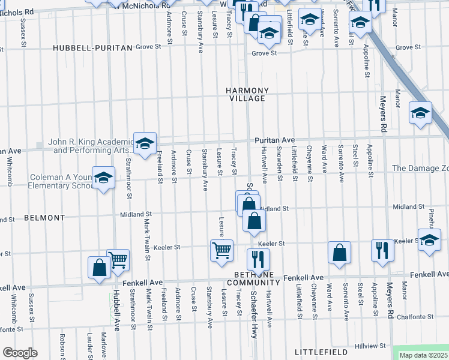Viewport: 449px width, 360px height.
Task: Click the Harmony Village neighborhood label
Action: [x=247, y=94]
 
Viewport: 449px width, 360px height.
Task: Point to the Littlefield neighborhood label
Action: [x=322, y=351]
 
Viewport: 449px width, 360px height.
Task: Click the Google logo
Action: [x=20, y=352]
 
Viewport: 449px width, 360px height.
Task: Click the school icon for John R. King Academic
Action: [x=145, y=144]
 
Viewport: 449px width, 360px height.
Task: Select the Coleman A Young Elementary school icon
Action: [x=103, y=178]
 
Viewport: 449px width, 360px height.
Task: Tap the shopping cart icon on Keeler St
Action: [x=221, y=250]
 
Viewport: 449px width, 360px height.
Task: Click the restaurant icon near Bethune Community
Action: [x=258, y=259]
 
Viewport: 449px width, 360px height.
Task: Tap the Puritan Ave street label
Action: [x=274, y=140]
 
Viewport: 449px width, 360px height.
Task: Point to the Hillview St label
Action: [x=370, y=346]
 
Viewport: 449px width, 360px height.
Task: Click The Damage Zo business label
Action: [x=420, y=169]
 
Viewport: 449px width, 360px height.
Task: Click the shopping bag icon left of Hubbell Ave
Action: [x=99, y=268]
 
